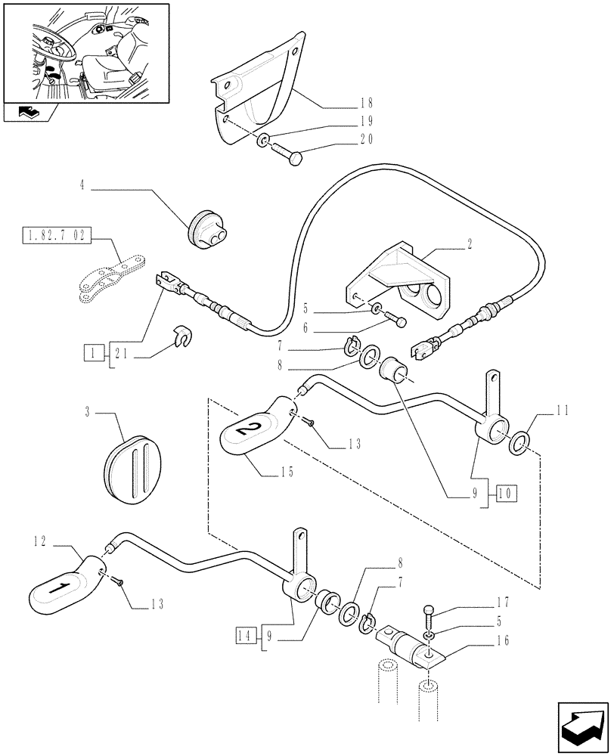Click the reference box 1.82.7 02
tap(57, 237)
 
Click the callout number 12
tap(41, 541)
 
